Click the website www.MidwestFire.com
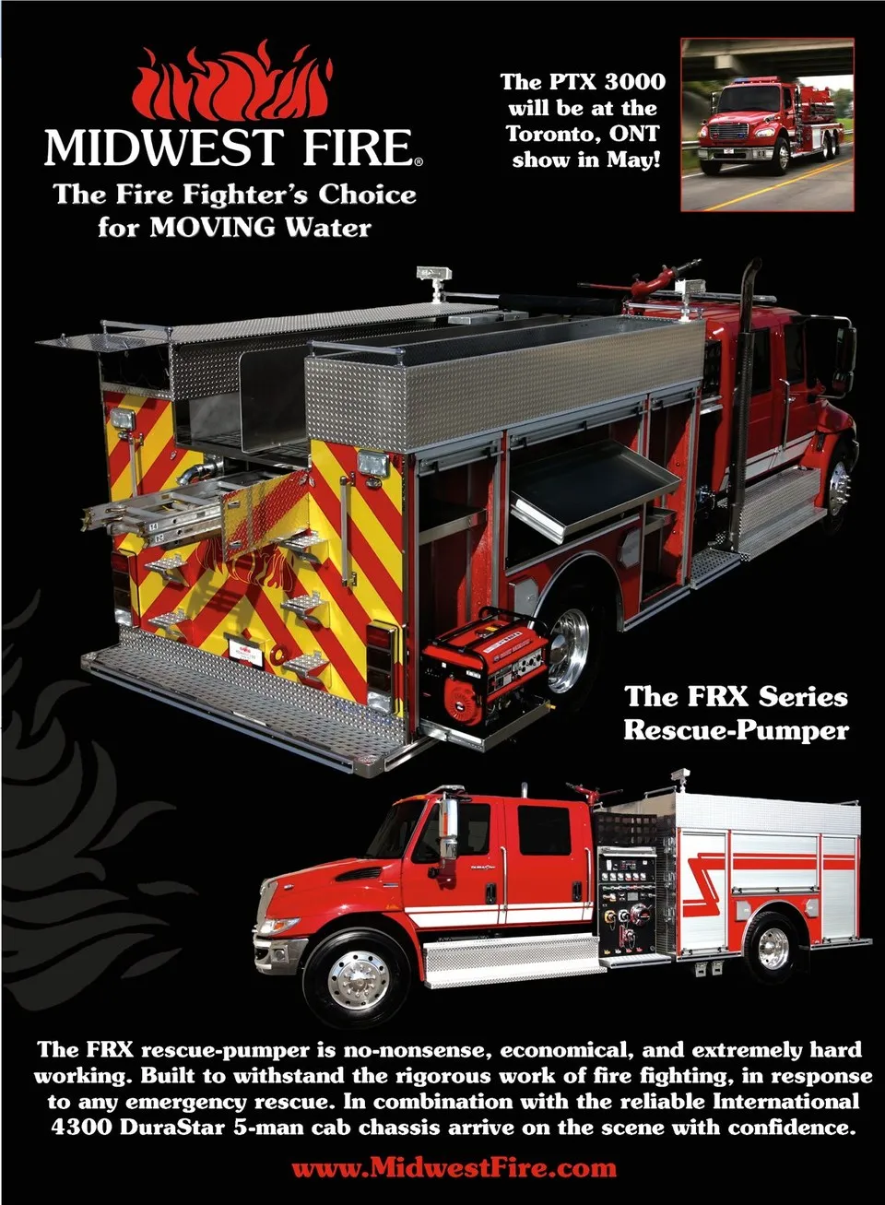[x=454, y=1168]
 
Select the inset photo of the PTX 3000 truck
[x=767, y=124]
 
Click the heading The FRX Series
[x=736, y=696]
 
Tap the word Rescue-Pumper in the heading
[x=736, y=730]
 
